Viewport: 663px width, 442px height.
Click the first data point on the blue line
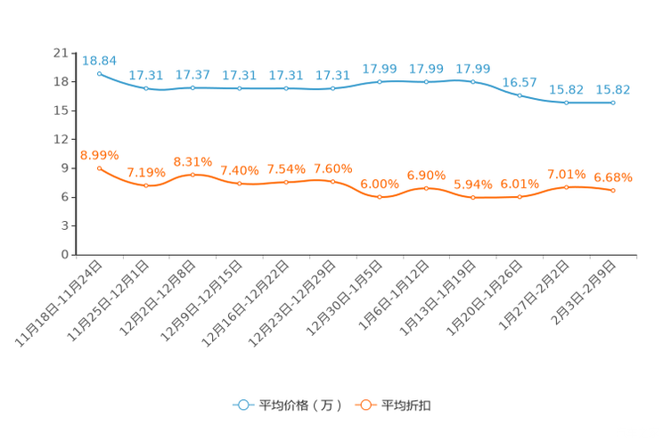click(99, 73)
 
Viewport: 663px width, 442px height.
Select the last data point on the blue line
click(613, 102)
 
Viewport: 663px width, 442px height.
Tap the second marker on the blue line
click(146, 89)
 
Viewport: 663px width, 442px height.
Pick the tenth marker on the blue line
click(520, 94)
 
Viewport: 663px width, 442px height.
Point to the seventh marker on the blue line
click(380, 82)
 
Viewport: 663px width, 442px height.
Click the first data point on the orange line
click(99, 168)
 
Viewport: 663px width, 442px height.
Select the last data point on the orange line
click(613, 191)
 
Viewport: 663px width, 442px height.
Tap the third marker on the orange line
click(192, 175)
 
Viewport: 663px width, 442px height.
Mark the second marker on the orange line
click(146, 186)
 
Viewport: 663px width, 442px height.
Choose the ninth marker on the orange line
click(472, 198)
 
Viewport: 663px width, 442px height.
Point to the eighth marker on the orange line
click(426, 188)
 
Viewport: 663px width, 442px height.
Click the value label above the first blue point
click(99, 60)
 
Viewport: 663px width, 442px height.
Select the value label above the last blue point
click(613, 89)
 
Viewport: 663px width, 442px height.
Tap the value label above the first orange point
click(99, 155)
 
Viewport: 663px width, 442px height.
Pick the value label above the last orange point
click(613, 177)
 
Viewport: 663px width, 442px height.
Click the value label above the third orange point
click(192, 161)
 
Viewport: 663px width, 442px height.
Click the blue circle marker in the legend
click(241, 405)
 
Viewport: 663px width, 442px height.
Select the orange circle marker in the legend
click(364, 405)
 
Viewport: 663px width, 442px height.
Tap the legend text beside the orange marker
click(407, 405)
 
